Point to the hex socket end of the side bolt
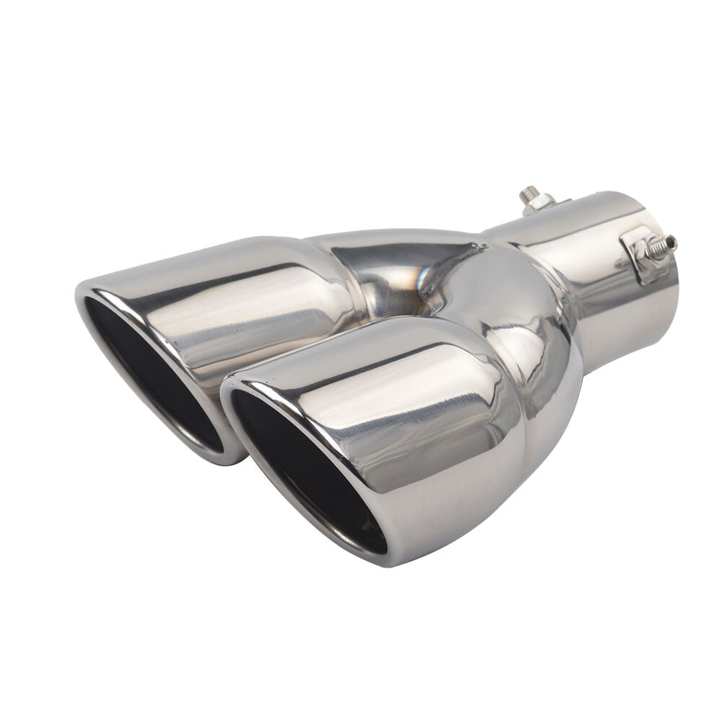pyautogui.click(x=672, y=240)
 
